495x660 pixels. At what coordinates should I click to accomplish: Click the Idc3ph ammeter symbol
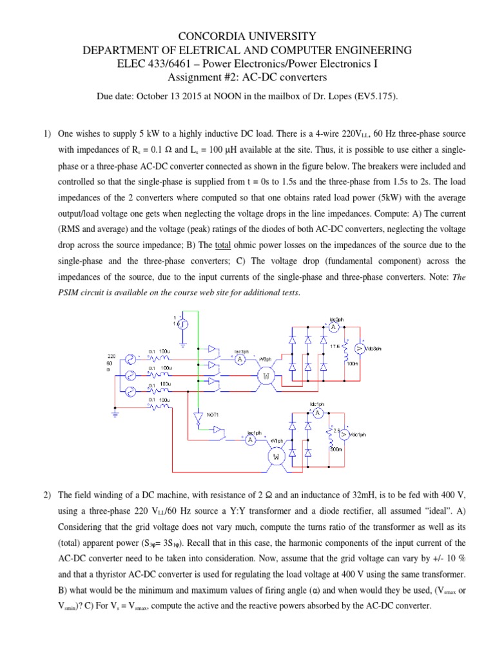pos(333,327)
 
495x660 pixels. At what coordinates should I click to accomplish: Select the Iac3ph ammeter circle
pos(239,359)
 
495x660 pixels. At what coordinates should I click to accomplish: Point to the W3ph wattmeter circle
pos(266,374)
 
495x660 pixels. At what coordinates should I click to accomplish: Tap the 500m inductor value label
pos(335,449)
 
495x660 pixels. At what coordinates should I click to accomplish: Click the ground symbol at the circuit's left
pos(115,414)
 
